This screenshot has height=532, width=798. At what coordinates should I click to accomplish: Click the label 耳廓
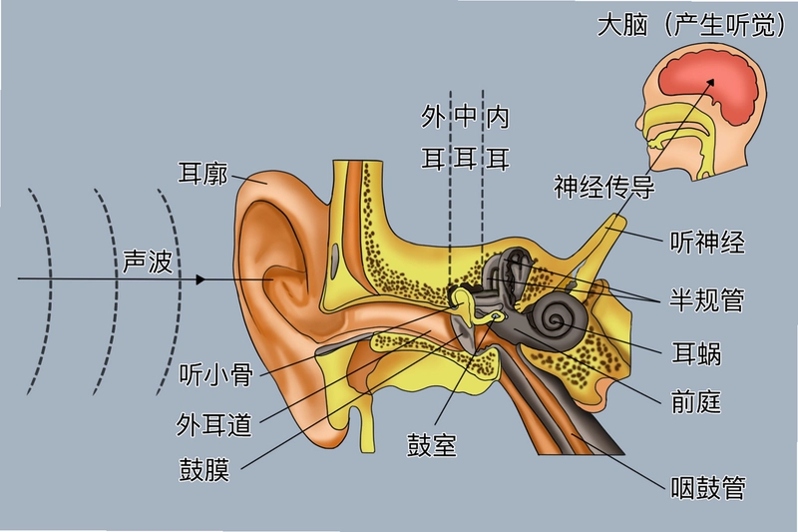point(202,173)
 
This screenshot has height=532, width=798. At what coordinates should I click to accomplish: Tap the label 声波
point(148,262)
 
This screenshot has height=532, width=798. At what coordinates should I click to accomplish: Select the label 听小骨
point(216,374)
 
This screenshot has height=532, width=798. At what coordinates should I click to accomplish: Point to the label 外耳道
point(214,424)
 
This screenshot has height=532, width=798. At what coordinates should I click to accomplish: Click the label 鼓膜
point(204,469)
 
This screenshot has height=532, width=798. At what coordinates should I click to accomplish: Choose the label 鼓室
point(432,444)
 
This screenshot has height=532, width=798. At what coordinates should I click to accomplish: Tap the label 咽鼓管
point(708,488)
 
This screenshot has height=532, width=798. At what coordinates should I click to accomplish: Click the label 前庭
point(696,403)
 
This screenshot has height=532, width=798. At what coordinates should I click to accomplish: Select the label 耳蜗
point(696,352)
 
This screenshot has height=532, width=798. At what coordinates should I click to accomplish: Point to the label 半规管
point(707,299)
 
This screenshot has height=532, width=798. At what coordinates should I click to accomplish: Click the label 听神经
point(707,243)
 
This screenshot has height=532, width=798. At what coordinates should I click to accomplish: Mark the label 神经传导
point(604,187)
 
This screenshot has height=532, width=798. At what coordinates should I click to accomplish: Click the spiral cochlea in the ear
point(555,320)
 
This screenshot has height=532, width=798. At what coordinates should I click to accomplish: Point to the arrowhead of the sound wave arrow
point(200,279)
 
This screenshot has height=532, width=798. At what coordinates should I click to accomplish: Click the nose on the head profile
point(640,120)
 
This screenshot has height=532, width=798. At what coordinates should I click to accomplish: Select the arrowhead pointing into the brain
point(710,83)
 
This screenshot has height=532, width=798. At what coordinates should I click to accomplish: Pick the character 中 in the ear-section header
point(465,117)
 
